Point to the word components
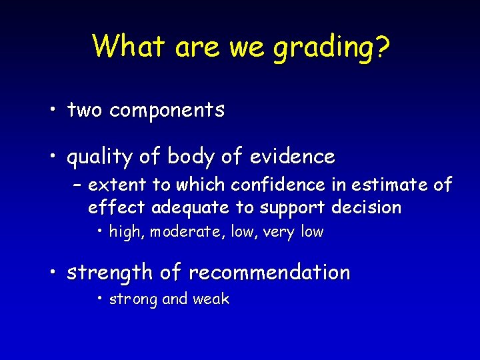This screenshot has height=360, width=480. tap(167, 111)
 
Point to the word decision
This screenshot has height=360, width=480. tap(366, 207)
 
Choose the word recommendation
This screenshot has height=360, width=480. tap(269, 273)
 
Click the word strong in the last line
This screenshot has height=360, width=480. tap(133, 299)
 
